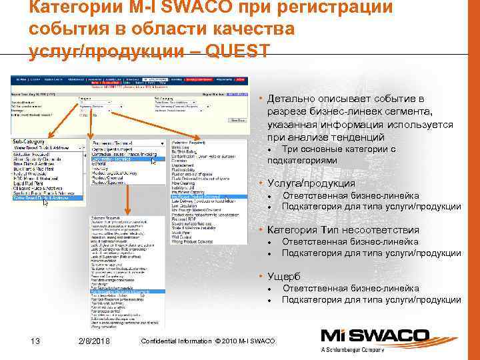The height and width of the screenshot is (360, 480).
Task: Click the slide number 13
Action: [x=36, y=341]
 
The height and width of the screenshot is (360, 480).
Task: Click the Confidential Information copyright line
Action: [x=208, y=341]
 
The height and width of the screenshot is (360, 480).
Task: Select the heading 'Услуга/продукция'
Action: [x=303, y=183]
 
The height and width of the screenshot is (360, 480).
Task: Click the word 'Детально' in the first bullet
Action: [x=289, y=99]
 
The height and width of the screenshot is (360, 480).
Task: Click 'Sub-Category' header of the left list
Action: [x=30, y=142]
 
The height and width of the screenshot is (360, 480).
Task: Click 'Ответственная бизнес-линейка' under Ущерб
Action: [x=350, y=288]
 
